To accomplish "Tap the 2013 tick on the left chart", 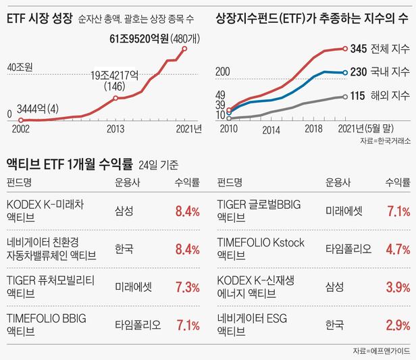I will (x=115, y=128).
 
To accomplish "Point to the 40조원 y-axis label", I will (x=20, y=68).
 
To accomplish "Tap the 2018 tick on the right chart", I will (x=313, y=129).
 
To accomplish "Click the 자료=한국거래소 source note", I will (x=386, y=142).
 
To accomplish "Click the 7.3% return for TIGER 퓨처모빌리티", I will (x=186, y=287).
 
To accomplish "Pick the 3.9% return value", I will (x=398, y=287).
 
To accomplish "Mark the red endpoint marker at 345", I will (x=344, y=49).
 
